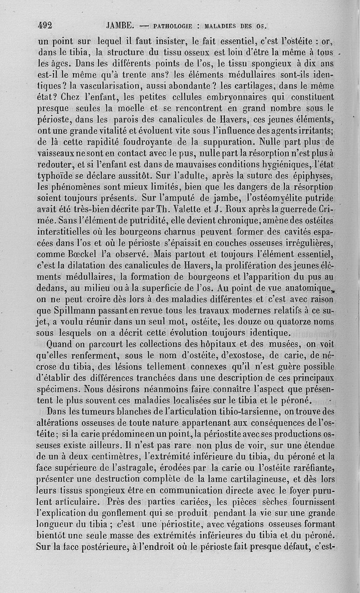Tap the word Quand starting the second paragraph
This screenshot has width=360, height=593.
coord(61,345)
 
